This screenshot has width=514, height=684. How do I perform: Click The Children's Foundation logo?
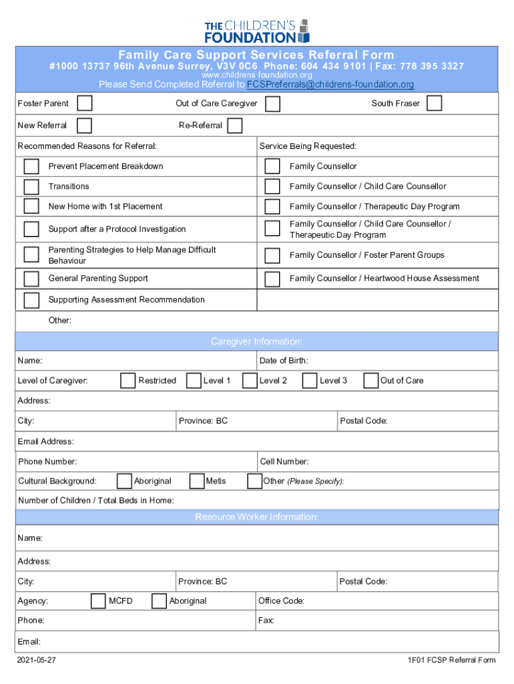[257, 31]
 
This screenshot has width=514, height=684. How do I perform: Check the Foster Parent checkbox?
[85, 104]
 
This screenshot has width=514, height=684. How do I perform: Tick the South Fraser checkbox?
[434, 104]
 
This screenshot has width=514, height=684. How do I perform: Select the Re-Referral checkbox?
[234, 126]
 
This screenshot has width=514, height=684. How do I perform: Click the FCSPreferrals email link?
[330, 85]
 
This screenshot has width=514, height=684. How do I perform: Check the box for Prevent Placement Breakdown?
[31, 166]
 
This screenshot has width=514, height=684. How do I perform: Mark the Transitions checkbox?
[31, 186]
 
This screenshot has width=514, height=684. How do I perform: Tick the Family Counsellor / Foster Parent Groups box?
[272, 255]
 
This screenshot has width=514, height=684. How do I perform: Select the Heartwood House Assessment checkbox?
[272, 279]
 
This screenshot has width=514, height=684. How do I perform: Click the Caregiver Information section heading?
[257, 342]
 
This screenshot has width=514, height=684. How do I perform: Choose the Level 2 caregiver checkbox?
[250, 381]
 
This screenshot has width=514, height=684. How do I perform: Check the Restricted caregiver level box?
[128, 381]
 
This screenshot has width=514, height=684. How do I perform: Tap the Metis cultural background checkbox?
[197, 481]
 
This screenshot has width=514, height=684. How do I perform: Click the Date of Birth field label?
[284, 361]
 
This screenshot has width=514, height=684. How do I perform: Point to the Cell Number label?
[284, 462]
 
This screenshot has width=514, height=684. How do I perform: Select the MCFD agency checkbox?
[98, 601]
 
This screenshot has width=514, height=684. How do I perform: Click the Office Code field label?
[282, 601]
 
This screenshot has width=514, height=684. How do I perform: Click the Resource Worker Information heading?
[257, 518]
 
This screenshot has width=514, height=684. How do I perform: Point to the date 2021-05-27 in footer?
[37, 661]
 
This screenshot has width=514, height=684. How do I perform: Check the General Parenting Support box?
[31, 279]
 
